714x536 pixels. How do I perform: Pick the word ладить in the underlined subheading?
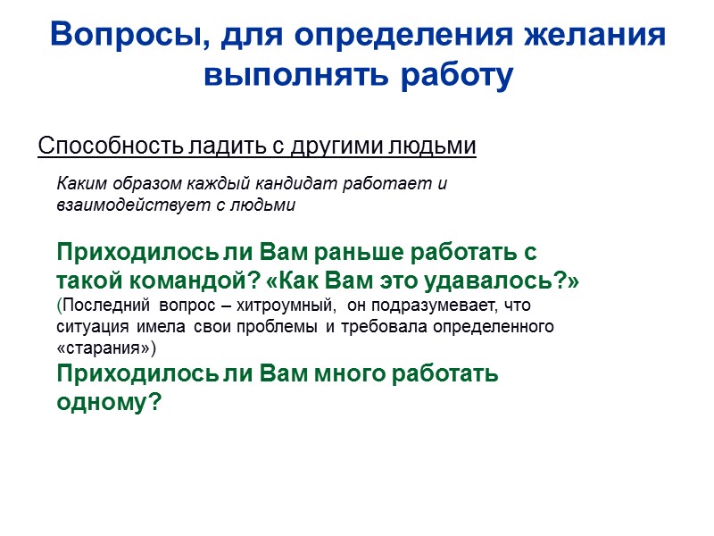click(x=214, y=146)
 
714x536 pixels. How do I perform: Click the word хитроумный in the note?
click(x=290, y=306)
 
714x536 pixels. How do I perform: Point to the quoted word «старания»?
click(x=106, y=346)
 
